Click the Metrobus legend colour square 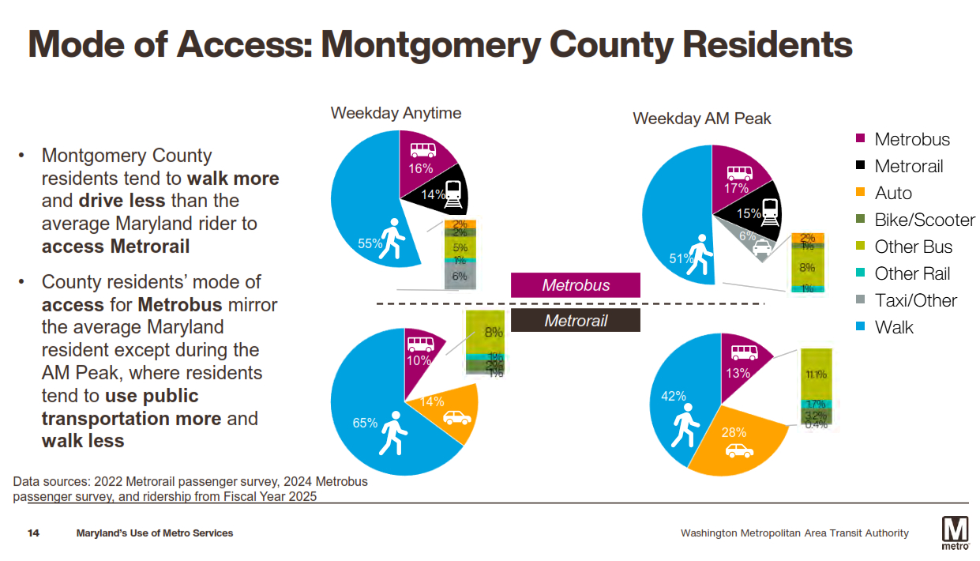(x=862, y=140)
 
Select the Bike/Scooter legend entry (x=925, y=220)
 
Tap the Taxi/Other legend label (x=915, y=301)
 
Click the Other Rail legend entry (x=912, y=274)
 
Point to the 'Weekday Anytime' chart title (x=396, y=113)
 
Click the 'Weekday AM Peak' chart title (x=701, y=119)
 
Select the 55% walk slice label (x=370, y=243)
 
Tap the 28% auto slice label (x=734, y=432)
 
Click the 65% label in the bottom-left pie (x=365, y=423)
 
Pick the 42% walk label (x=673, y=397)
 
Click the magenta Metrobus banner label (x=576, y=285)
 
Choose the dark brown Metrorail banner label (x=576, y=321)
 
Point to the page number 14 (x=34, y=533)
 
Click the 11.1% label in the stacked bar (x=817, y=375)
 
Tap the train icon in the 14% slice (x=452, y=194)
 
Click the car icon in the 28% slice (x=739, y=451)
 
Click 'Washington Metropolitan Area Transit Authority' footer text (x=794, y=533)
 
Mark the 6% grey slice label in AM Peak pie (x=747, y=235)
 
